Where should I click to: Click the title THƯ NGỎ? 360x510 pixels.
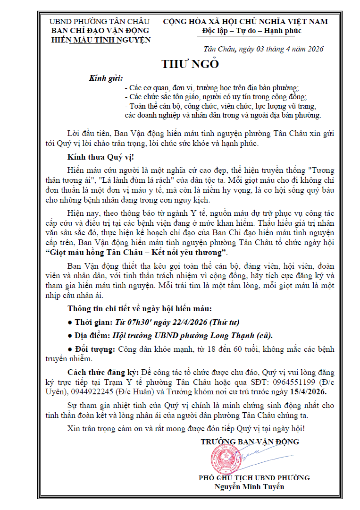click(x=190, y=65)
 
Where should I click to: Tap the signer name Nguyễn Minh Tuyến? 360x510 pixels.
click(x=250, y=486)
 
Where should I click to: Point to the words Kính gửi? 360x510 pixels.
click(x=106, y=78)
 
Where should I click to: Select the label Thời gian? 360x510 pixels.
click(x=93, y=322)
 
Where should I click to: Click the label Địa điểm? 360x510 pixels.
click(x=93, y=335)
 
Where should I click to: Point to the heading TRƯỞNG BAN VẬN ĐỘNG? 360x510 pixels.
click(x=250, y=442)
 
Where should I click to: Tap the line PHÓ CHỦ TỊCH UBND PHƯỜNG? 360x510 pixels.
click(x=254, y=478)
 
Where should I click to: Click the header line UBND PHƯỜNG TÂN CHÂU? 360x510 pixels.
click(x=100, y=21)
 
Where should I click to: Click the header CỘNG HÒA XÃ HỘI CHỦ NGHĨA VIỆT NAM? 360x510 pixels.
click(x=245, y=21)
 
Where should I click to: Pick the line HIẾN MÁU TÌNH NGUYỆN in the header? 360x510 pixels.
click(x=100, y=40)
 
